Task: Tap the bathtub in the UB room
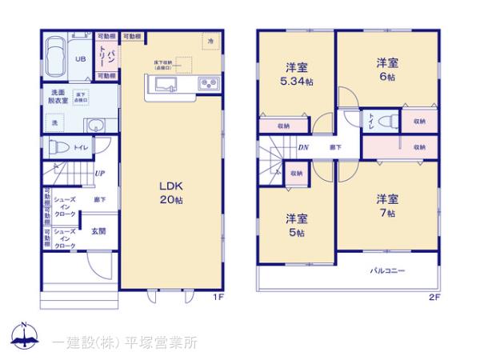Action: click(x=55, y=57)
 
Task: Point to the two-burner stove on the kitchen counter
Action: click(x=207, y=84)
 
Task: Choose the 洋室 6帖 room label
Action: click(x=388, y=70)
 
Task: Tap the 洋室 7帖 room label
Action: click(x=388, y=206)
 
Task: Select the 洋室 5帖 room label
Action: click(x=297, y=225)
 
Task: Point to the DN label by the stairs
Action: click(x=304, y=147)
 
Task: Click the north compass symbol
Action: click(x=25, y=338)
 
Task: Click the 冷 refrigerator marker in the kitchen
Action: click(x=210, y=40)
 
